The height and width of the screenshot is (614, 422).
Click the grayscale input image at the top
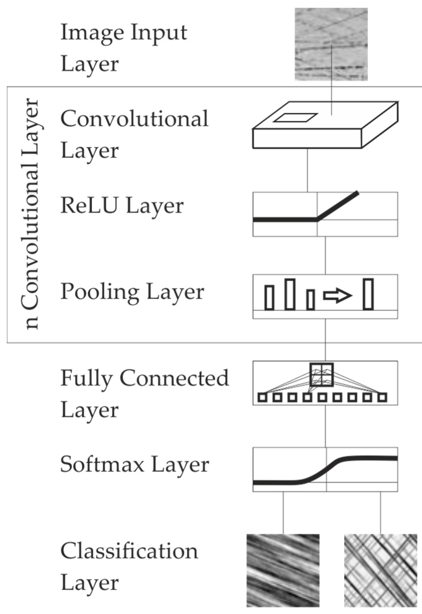coord(331,44)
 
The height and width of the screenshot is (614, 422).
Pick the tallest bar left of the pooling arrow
coord(290,294)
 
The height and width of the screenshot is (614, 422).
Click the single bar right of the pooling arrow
coord(368,294)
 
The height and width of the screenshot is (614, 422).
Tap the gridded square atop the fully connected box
coord(321,375)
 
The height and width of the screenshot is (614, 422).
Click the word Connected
coord(174,378)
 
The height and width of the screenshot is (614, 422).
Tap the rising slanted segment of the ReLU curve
coord(338,206)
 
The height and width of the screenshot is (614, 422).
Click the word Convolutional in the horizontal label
coord(134,119)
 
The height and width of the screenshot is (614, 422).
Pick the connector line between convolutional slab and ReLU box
coord(307,170)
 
